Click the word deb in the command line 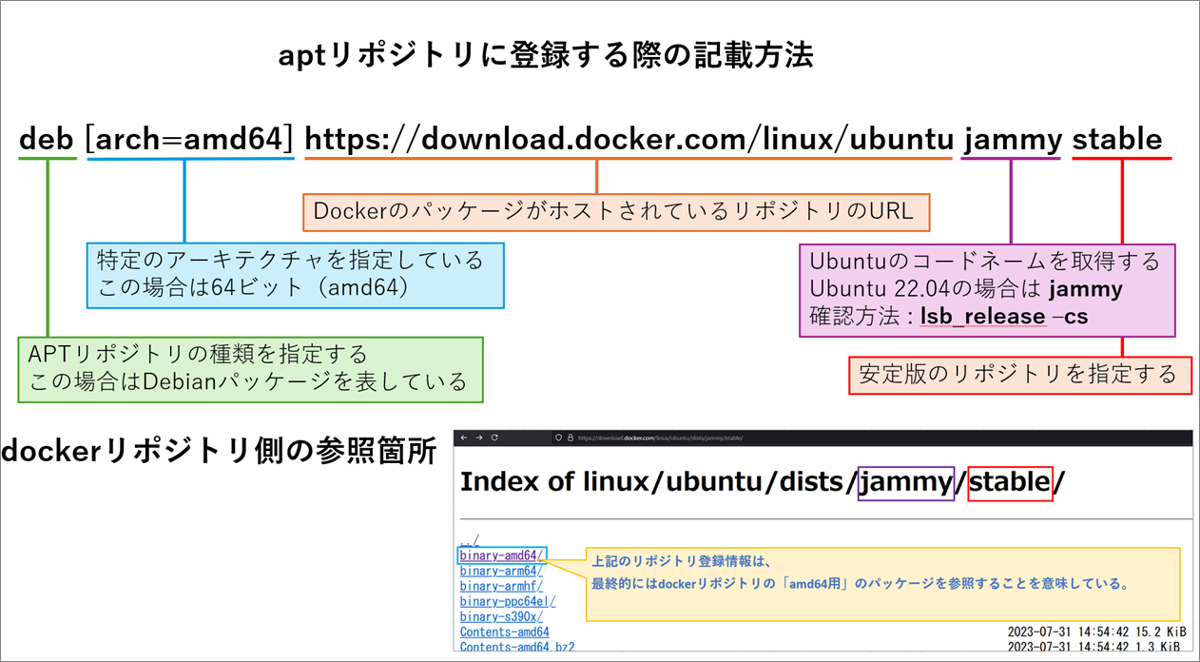click(x=47, y=140)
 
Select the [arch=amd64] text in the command click(x=190, y=140)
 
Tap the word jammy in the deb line click(x=1011, y=140)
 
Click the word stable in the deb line click(x=1117, y=140)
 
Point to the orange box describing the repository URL click(x=615, y=211)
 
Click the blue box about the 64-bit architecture click(x=295, y=275)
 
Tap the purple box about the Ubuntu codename click(x=986, y=288)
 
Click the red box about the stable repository click(x=1018, y=374)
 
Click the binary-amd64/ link click(x=501, y=555)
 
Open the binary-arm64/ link click(x=501, y=571)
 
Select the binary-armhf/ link click(x=501, y=586)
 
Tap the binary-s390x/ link click(x=501, y=616)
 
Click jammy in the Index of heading click(x=905, y=482)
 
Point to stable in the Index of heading click(x=1010, y=482)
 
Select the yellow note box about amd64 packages click(x=882, y=583)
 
